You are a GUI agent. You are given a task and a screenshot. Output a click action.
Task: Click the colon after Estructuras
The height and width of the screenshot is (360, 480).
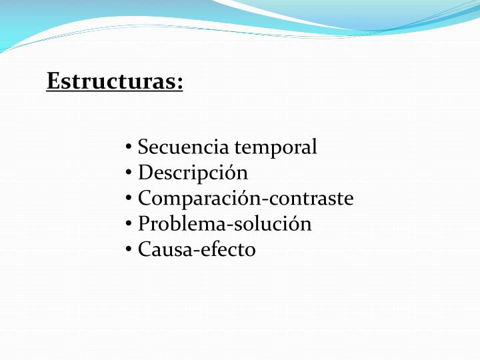(180, 85)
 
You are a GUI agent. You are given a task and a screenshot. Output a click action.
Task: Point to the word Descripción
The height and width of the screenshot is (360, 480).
(193, 173)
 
